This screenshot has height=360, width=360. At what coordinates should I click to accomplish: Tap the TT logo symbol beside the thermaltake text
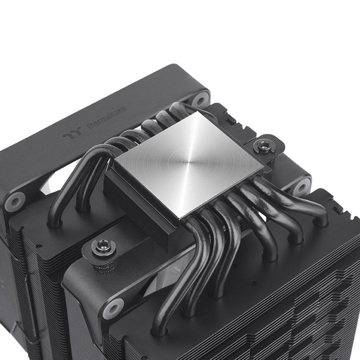coord(70,134)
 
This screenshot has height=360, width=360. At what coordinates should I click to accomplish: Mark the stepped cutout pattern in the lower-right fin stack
coord(320,310)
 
